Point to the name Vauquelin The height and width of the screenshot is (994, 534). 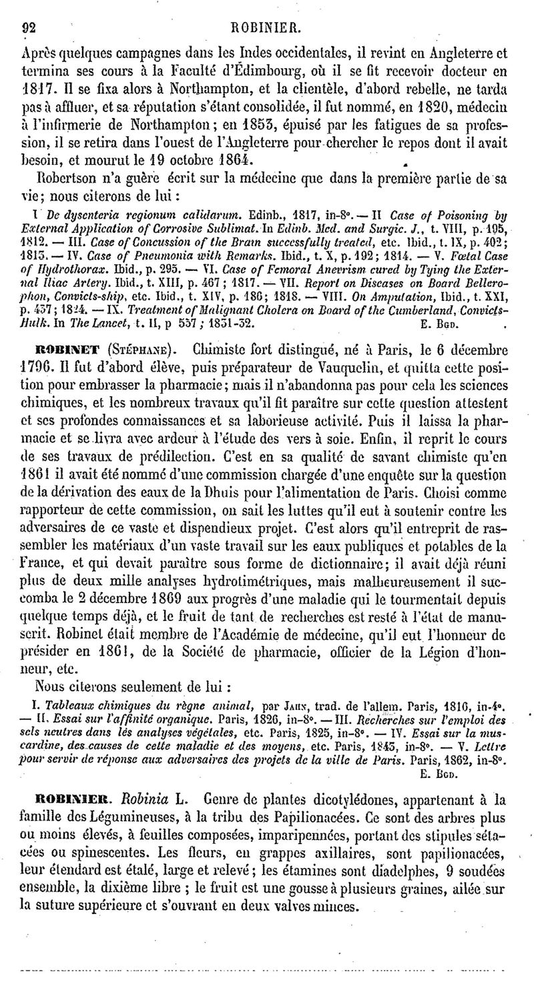coord(342,366)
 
